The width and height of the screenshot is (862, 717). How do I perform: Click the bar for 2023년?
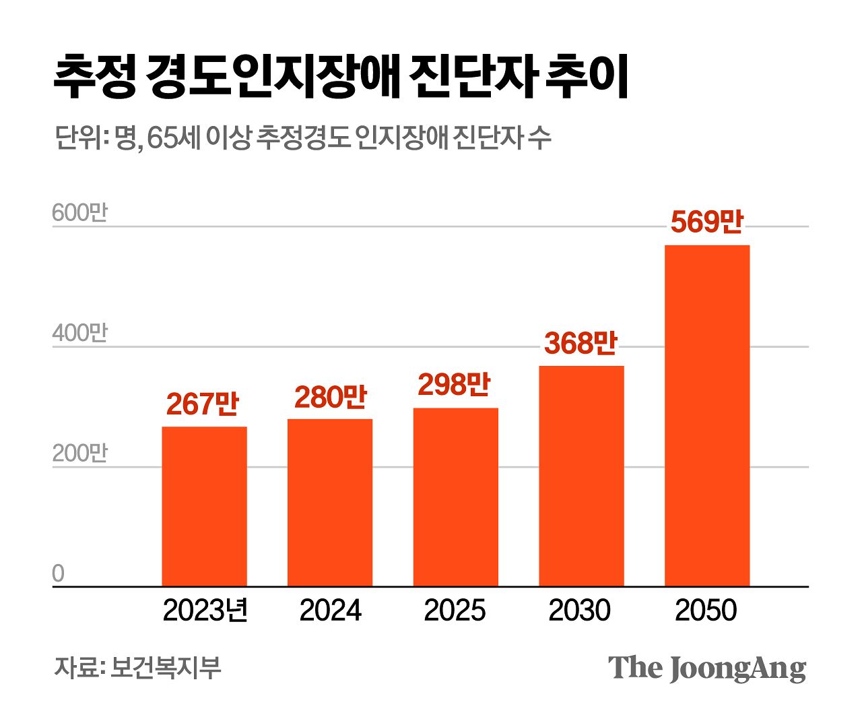coord(204,506)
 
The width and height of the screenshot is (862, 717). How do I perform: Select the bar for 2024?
coord(330,503)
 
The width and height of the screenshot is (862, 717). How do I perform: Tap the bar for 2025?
coord(455,497)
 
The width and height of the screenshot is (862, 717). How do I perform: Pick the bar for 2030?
coord(581,476)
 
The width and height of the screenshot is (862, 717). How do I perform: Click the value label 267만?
coord(203,404)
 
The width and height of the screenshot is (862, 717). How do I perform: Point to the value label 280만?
coord(330,397)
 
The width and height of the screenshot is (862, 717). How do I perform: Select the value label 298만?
coord(455,384)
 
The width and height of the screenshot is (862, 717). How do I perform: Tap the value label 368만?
coord(581,343)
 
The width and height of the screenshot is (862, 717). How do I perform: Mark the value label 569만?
coord(706,222)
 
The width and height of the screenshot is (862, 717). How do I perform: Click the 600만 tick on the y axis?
coord(79,213)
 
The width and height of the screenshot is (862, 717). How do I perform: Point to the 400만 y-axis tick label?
coord(79,333)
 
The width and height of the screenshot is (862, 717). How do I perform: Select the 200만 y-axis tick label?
coord(79,454)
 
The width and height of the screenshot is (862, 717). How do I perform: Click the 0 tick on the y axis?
coord(59,573)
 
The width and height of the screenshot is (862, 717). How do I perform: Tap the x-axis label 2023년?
coord(205,611)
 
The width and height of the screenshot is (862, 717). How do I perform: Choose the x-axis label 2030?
coord(580,611)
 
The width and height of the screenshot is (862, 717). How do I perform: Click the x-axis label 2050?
coord(706,611)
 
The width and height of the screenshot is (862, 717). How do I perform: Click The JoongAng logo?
coord(707,668)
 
